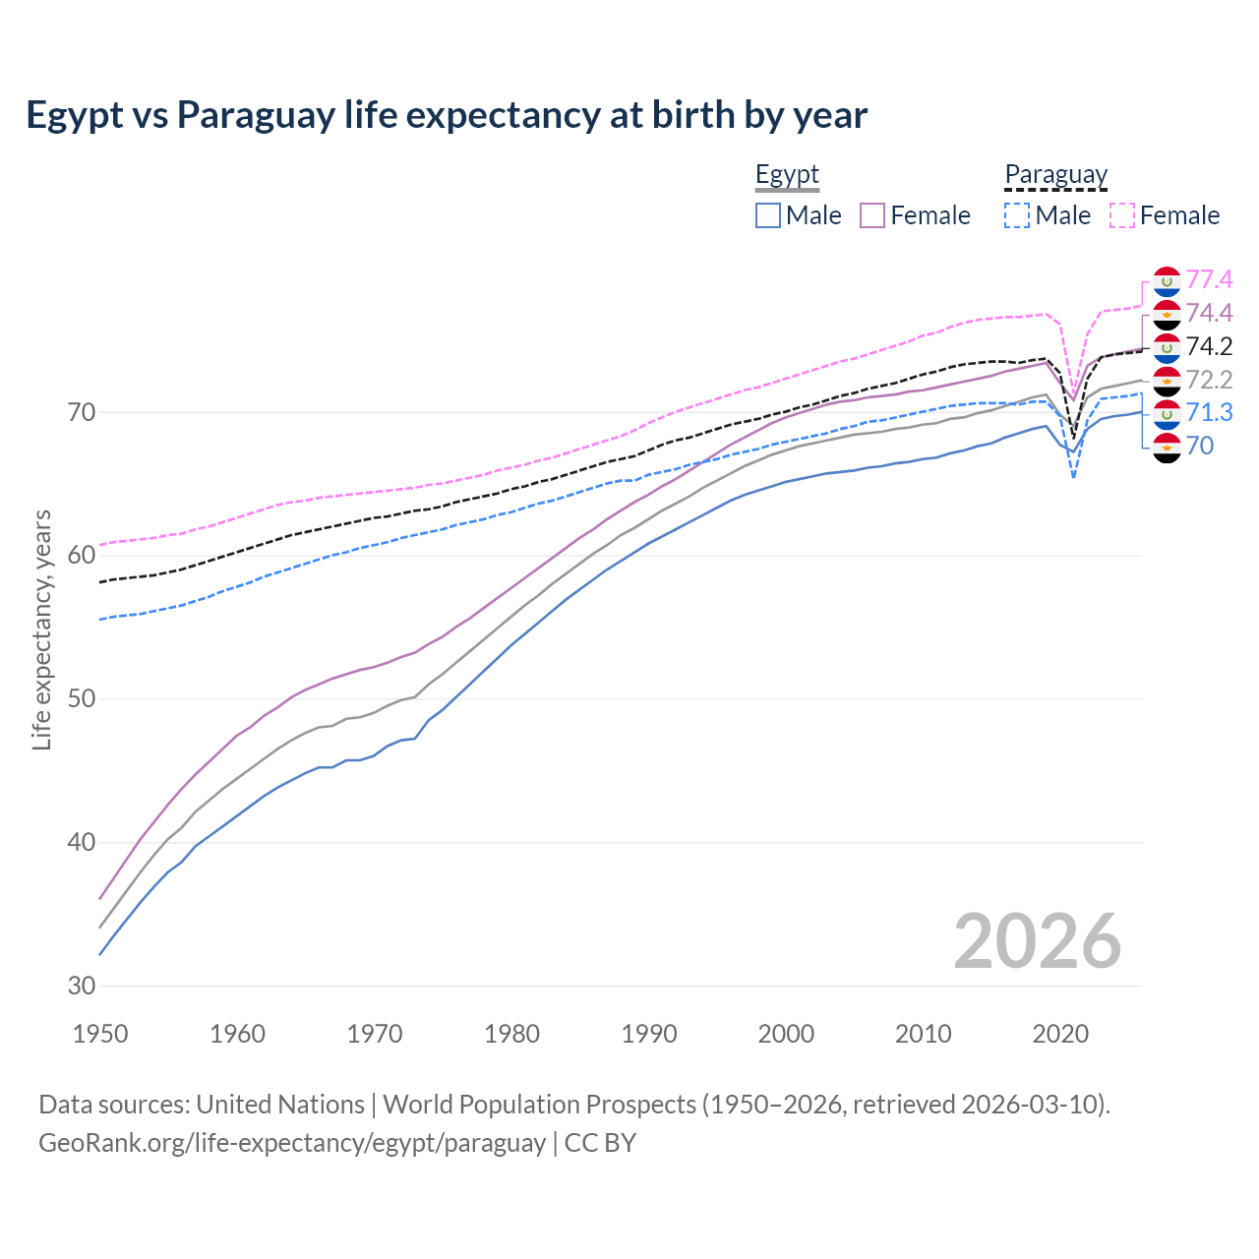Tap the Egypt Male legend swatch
(x=768, y=215)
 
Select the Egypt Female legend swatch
(x=873, y=215)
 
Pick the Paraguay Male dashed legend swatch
(x=1017, y=215)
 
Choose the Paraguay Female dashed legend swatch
(x=1122, y=215)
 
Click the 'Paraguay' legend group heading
(x=1055, y=175)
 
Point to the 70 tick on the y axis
(x=82, y=412)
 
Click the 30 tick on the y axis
(x=82, y=986)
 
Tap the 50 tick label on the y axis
(x=82, y=699)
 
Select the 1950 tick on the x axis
(x=100, y=1034)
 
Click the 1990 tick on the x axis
(x=649, y=1034)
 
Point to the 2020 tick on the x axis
(x=1060, y=1034)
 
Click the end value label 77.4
(x=1209, y=280)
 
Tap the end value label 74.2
(x=1209, y=346)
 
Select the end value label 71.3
(x=1209, y=412)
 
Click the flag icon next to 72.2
(x=1167, y=381)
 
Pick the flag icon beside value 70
(x=1167, y=447)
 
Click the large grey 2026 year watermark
(x=1037, y=941)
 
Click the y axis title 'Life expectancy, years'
(x=42, y=629)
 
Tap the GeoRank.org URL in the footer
(x=291, y=1143)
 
